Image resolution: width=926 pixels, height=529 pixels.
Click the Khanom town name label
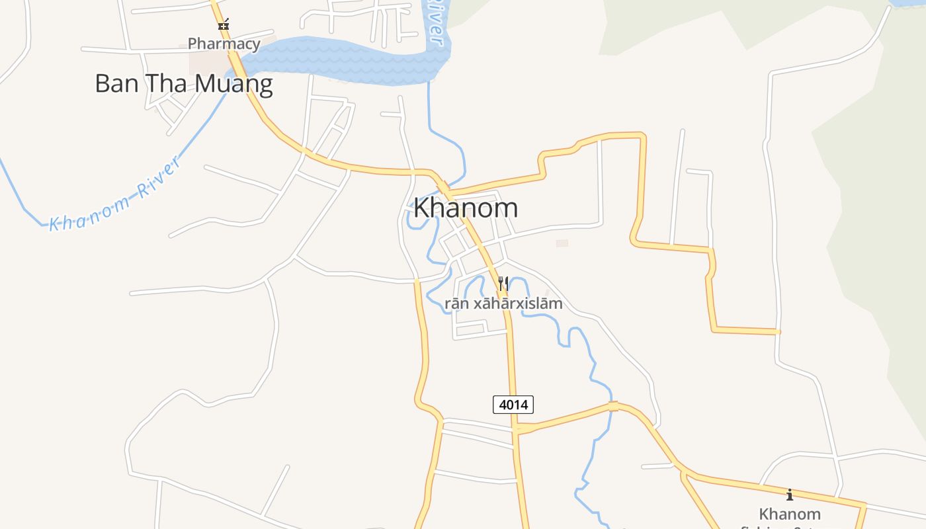pyautogui.click(x=465, y=208)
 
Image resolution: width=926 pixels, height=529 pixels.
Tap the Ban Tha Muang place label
pyautogui.click(x=184, y=84)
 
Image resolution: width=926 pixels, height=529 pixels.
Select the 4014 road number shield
pyautogui.click(x=513, y=404)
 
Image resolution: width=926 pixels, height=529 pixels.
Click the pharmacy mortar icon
pyautogui.click(x=224, y=25)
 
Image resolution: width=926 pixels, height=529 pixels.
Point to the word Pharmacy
pyautogui.click(x=224, y=44)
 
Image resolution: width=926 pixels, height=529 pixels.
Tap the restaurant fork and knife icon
pyautogui.click(x=503, y=284)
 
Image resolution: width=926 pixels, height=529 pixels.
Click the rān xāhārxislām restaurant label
pyautogui.click(x=503, y=304)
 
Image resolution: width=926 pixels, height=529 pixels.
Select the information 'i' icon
pyautogui.click(x=789, y=495)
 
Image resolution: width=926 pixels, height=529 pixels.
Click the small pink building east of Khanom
pyautogui.click(x=562, y=243)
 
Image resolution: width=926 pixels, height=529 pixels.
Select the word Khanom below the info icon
pyautogui.click(x=789, y=514)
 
